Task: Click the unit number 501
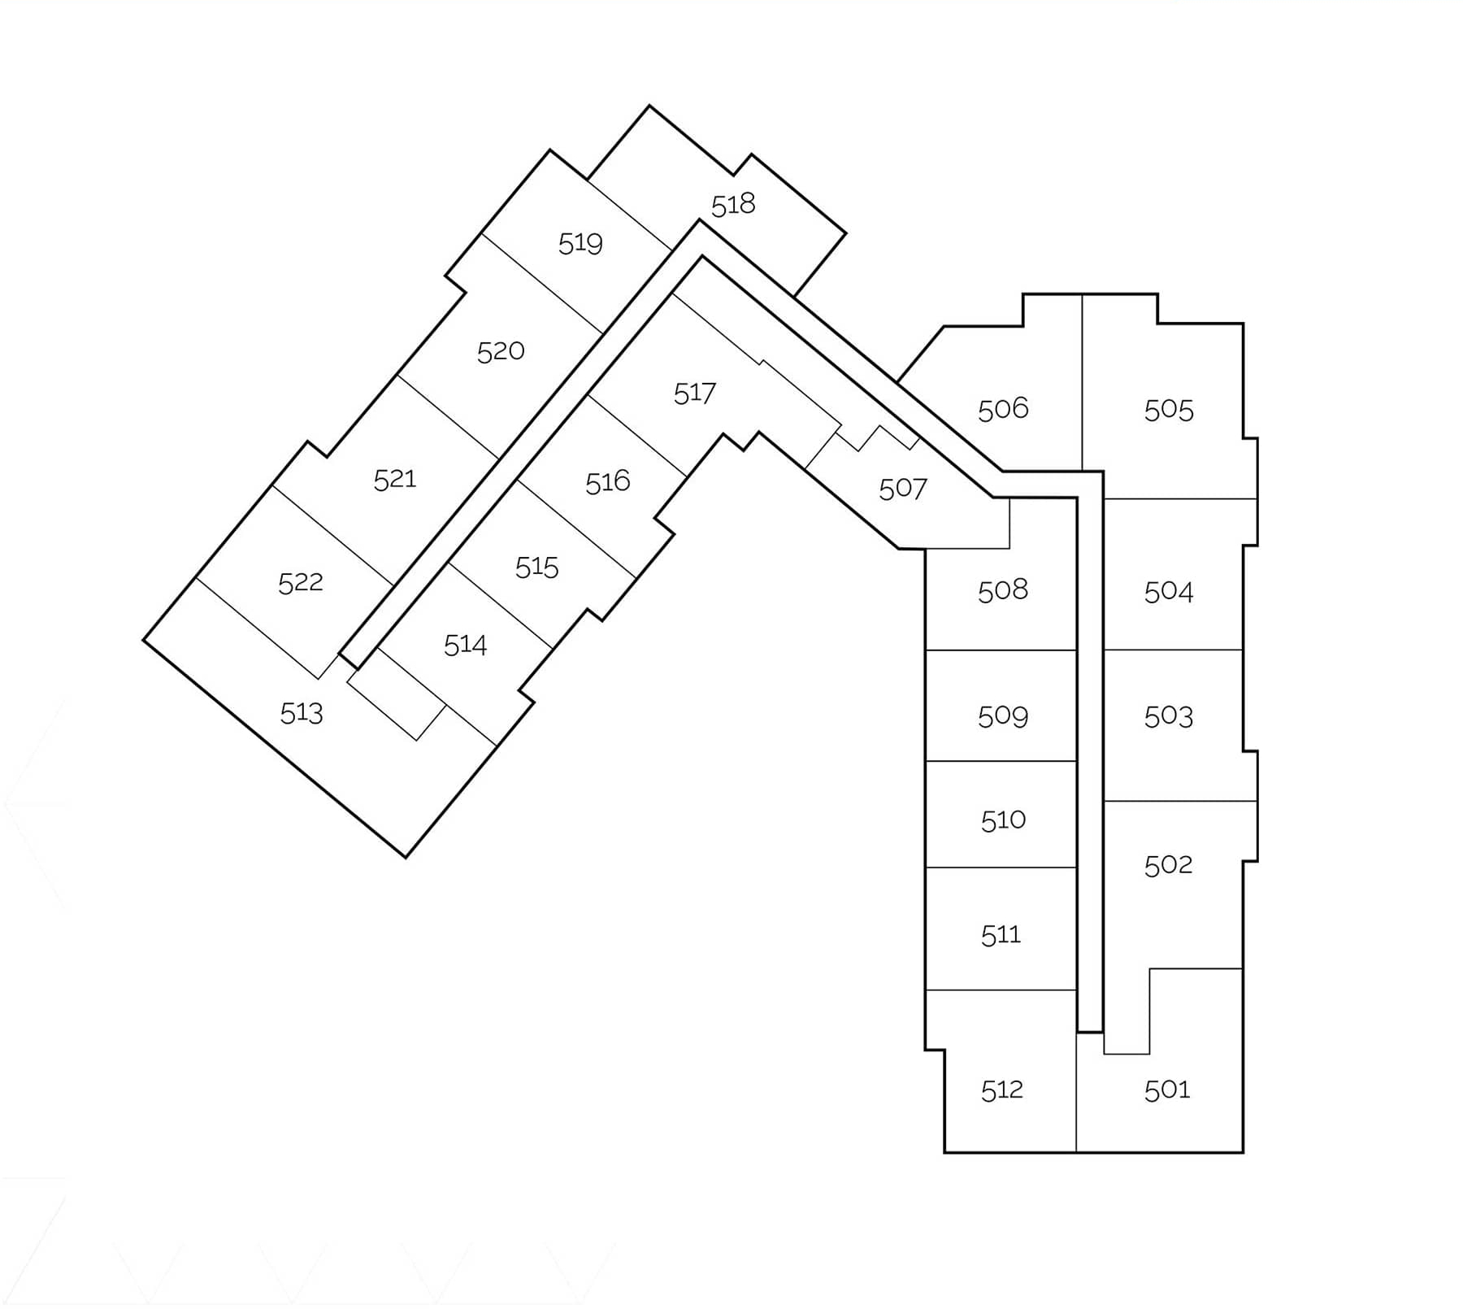pos(1167,1089)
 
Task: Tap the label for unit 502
pos(1168,864)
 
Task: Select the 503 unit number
pos(1169,716)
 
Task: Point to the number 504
pos(1169,591)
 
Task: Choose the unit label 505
pos(1169,410)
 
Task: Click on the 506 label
pos(1003,408)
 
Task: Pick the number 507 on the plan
pos(903,489)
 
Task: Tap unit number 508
pos(1003,589)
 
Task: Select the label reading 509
pos(1003,716)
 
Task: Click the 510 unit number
pos(1003,820)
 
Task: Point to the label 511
pos(1001,935)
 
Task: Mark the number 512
pos(1001,1089)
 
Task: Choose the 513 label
pos(302,713)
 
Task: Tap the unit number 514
pos(465,645)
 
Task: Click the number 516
pos(608,482)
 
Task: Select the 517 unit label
pos(695,394)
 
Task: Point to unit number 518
pos(733,205)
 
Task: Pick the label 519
pos(580,243)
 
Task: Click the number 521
pos(395,480)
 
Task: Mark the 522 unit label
pos(301,583)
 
